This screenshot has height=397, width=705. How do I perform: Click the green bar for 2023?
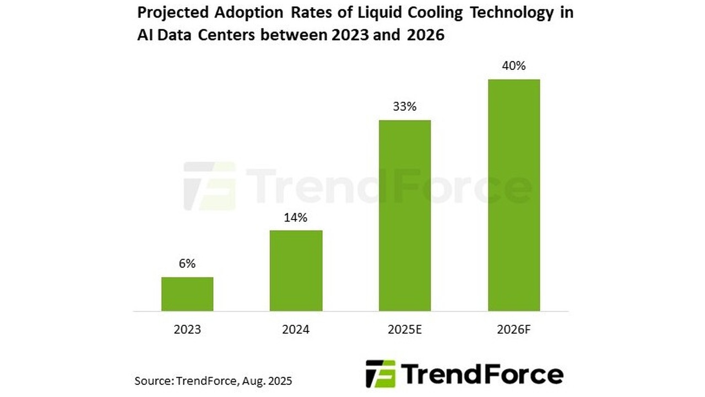click(187, 294)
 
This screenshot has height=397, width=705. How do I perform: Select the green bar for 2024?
click(296, 270)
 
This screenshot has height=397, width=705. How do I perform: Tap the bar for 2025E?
click(404, 215)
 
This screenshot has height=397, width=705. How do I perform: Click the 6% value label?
click(187, 264)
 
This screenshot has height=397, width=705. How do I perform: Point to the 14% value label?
click(296, 218)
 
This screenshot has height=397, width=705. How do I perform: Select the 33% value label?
click(404, 107)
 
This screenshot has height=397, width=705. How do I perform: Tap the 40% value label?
click(513, 66)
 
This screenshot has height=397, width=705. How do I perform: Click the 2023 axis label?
click(187, 330)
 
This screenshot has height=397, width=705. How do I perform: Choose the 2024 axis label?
click(296, 330)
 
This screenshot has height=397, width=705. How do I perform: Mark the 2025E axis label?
click(404, 330)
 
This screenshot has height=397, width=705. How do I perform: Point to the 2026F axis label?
click(513, 330)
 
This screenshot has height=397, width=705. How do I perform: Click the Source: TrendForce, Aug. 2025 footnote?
click(213, 380)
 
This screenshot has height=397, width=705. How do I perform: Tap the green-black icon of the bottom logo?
click(381, 373)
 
